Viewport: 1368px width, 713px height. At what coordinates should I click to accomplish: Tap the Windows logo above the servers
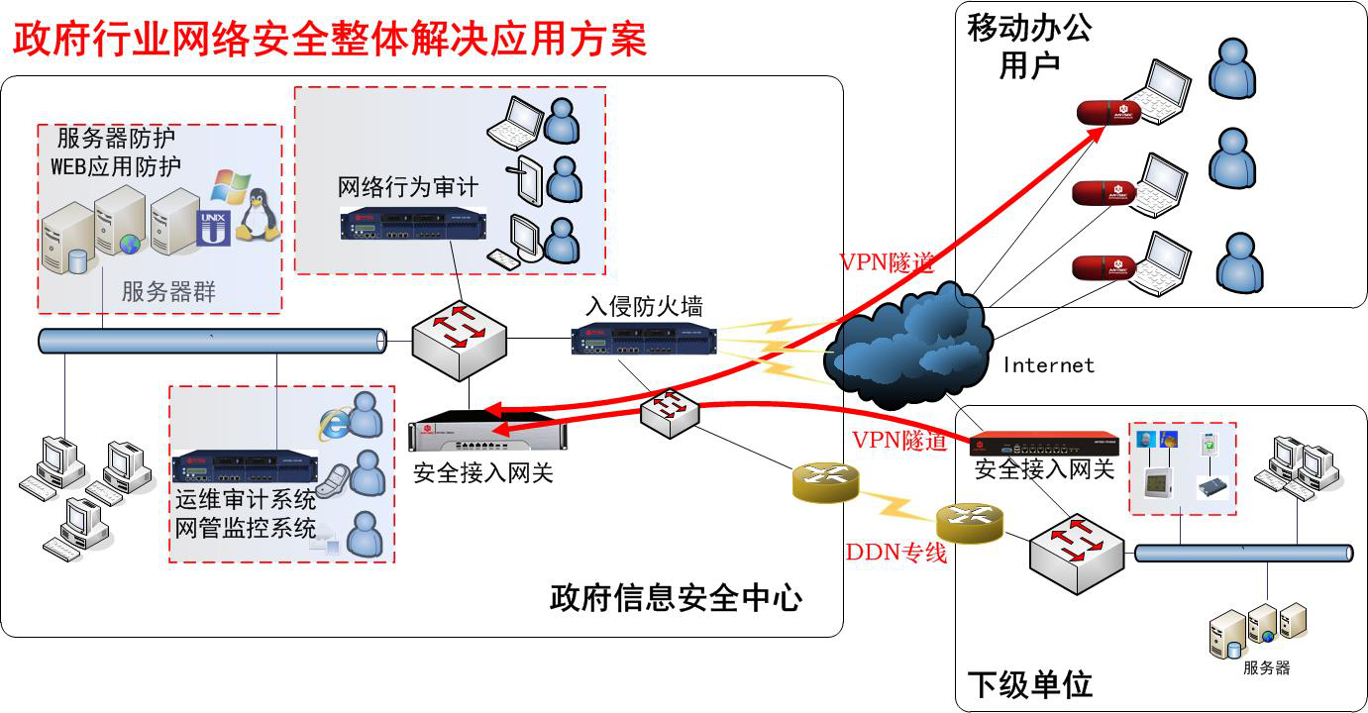[230, 187]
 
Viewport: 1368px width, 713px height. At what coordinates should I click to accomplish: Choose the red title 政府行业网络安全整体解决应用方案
[329, 40]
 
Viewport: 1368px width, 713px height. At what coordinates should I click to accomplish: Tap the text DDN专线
[895, 553]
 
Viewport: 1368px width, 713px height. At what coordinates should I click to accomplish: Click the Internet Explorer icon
[334, 423]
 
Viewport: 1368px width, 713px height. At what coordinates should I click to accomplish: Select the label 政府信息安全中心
[676, 598]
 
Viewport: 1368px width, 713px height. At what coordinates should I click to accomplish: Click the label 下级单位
[1029, 684]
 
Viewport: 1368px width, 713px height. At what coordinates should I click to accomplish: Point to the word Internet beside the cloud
[1048, 365]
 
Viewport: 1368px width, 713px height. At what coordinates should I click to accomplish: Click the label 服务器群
[168, 292]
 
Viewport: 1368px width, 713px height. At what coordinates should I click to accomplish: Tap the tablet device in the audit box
[525, 178]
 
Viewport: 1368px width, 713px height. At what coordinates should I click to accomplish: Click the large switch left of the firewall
[460, 340]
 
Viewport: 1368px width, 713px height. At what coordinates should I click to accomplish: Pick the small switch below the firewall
[671, 412]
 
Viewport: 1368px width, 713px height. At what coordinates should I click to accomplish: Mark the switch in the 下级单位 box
[1076, 554]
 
